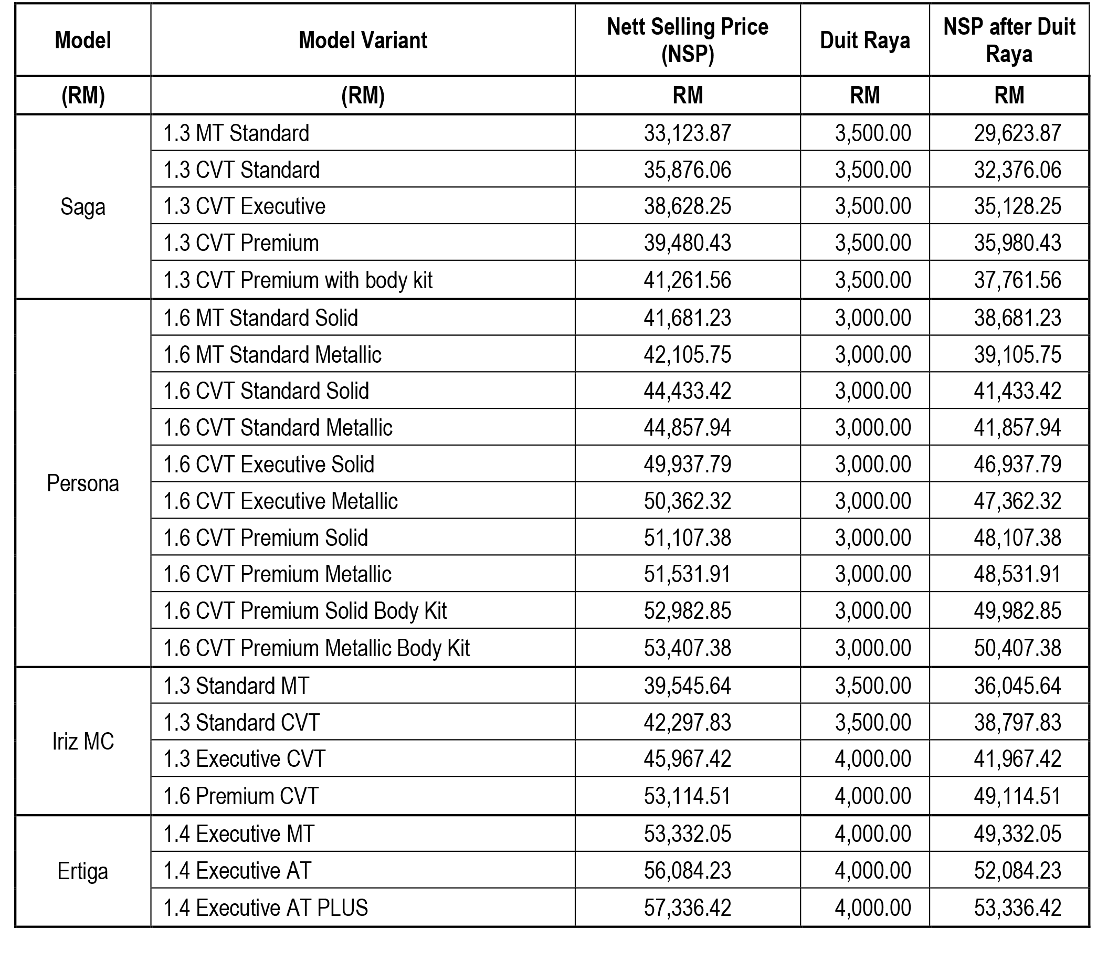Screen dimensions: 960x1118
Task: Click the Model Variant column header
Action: pos(363,40)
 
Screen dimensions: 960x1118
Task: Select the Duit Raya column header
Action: pos(864,40)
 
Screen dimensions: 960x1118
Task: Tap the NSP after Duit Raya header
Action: pos(1009,40)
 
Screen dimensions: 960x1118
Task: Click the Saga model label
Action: pos(82,207)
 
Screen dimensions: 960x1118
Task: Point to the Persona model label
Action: pos(82,483)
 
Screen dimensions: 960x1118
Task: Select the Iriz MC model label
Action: pos(82,742)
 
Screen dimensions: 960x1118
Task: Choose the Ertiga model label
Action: pos(82,871)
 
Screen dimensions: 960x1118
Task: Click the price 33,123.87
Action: pos(687,133)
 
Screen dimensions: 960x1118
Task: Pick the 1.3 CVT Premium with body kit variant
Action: pos(298,280)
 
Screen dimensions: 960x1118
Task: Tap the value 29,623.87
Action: pos(1017,133)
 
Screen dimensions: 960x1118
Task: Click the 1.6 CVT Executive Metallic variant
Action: pos(281,501)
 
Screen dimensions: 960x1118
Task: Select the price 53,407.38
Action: pos(687,648)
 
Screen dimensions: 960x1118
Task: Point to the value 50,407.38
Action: pos(1017,648)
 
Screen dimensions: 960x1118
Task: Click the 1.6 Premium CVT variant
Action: pos(241,796)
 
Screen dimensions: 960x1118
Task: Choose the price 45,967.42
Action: pos(687,759)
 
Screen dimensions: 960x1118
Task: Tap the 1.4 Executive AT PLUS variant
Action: pos(266,908)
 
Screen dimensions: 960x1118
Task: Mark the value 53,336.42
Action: pos(1017,908)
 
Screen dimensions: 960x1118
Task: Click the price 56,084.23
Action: pos(687,870)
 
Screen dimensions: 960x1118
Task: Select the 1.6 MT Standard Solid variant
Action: pos(261,318)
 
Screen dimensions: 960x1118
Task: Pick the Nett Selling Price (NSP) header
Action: pos(687,40)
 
